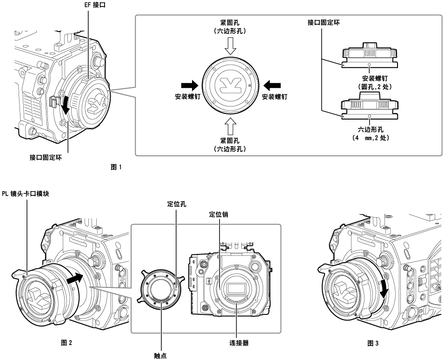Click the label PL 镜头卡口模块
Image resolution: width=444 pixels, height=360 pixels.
(27, 193)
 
